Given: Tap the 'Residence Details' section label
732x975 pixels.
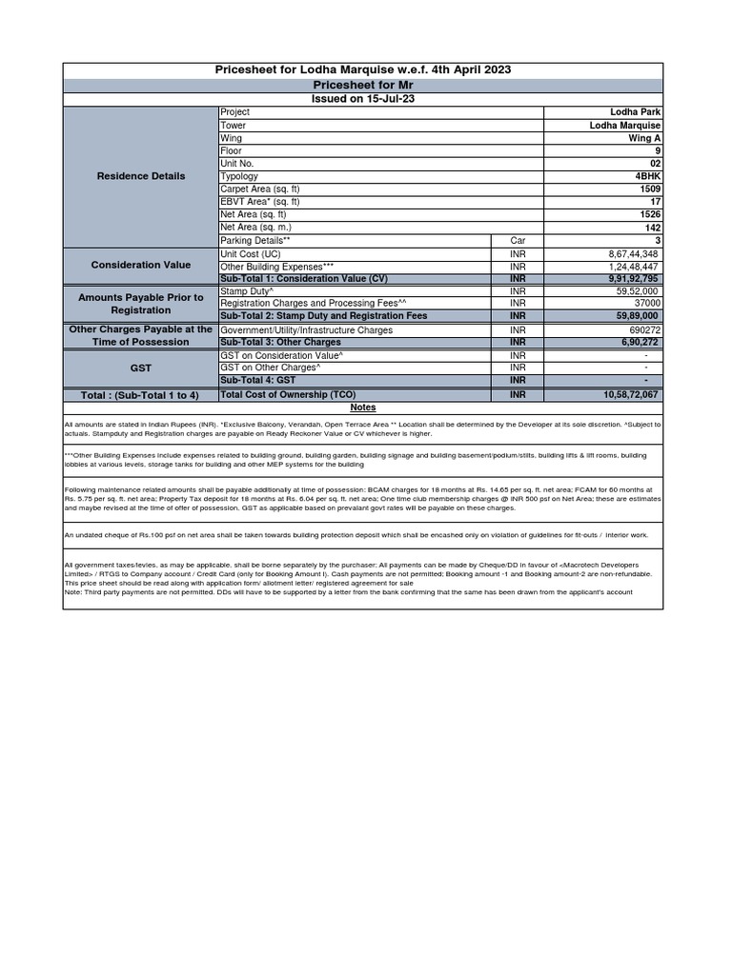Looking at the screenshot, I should click(x=141, y=176).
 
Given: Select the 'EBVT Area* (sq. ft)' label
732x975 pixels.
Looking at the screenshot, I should click(x=260, y=202).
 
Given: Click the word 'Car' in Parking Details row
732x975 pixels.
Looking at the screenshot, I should click(x=518, y=241).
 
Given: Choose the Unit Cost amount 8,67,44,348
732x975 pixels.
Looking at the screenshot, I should click(x=633, y=254).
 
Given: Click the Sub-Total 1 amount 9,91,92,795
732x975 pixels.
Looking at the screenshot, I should click(x=631, y=279).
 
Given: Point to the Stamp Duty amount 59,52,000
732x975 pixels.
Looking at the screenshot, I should click(x=637, y=291).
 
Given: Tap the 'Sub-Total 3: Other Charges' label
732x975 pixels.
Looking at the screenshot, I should click(x=280, y=341).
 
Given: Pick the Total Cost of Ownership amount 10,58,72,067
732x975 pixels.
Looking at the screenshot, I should click(x=630, y=394).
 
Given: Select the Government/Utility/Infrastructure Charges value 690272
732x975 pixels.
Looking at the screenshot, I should click(x=642, y=329).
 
